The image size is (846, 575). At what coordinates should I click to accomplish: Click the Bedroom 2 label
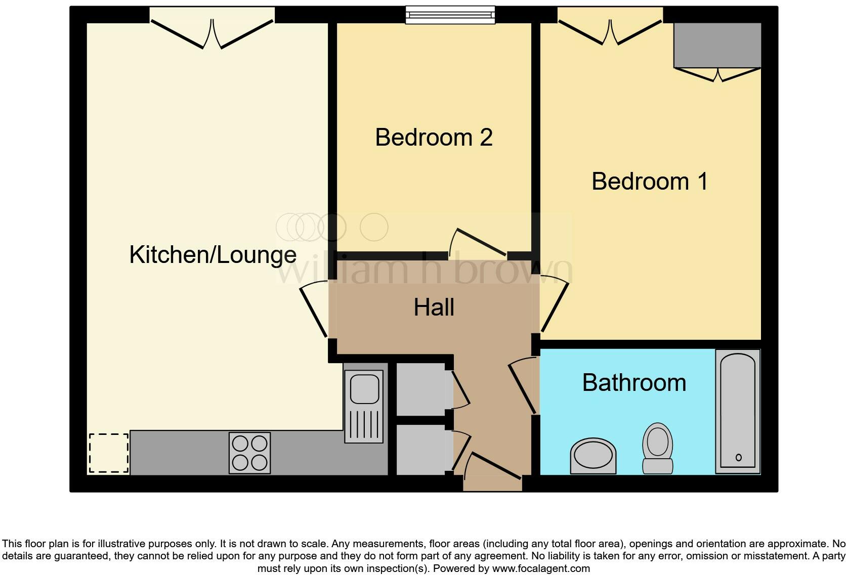[434, 138]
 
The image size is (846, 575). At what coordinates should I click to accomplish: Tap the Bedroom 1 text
[649, 182]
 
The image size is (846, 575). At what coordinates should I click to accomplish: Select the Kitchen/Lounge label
[213, 254]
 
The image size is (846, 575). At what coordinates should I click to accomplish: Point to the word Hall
[434, 307]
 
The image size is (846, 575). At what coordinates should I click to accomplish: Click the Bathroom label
[634, 383]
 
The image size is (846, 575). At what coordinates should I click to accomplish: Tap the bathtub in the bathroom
[738, 411]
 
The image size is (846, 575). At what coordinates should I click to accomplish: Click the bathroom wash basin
[593, 455]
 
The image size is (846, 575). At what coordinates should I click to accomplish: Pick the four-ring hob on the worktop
[249, 453]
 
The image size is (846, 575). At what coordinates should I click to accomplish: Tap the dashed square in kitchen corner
[109, 453]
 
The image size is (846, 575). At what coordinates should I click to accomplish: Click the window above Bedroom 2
[450, 15]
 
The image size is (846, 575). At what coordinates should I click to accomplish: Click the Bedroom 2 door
[478, 242]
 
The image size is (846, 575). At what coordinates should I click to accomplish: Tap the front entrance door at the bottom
[492, 468]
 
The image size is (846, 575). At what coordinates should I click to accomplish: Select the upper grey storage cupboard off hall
[420, 389]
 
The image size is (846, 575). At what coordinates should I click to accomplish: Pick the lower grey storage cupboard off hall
[420, 450]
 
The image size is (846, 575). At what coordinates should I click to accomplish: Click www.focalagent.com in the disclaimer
[541, 568]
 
